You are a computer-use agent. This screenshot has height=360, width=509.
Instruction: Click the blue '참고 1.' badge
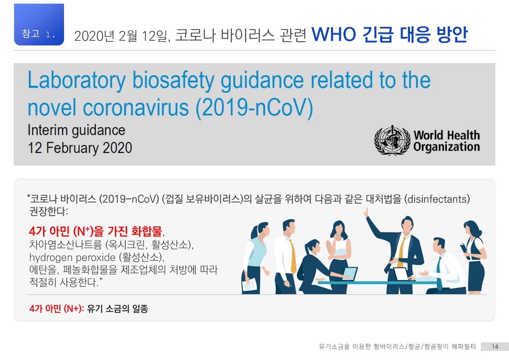39,25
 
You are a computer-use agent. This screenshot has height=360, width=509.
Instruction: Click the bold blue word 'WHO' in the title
334,35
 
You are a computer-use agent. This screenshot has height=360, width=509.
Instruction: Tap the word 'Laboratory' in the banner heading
77,80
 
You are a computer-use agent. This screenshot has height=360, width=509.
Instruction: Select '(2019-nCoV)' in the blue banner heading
254,108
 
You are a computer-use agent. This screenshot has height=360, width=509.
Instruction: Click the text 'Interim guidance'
76,130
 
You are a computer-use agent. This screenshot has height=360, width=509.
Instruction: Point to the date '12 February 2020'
80,148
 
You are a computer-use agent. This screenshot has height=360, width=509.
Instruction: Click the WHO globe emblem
392,140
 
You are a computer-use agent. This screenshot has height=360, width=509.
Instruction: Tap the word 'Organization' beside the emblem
446,147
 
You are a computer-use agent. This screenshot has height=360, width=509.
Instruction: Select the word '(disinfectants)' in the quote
437,199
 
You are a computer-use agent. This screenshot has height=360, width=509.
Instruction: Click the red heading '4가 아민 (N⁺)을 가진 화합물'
95,231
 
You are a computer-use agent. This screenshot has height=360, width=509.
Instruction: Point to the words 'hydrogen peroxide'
72,257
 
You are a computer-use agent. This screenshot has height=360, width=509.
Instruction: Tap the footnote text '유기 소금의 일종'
118,308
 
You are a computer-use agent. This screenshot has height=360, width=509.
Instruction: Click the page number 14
495,347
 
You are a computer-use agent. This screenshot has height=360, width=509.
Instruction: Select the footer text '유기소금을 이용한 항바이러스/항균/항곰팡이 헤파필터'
397,347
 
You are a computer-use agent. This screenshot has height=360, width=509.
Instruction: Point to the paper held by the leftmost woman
249,285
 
